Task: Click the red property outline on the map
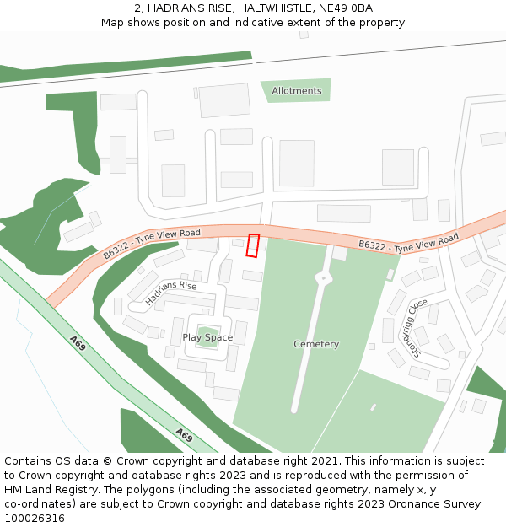tap(252, 245)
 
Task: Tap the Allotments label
tap(297, 91)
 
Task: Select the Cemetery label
tap(316, 344)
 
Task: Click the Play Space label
tap(207, 337)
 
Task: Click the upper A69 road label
tap(78, 342)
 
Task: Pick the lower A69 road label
tap(184, 435)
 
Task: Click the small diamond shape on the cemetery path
tap(321, 277)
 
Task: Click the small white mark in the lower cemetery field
tap(373, 407)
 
